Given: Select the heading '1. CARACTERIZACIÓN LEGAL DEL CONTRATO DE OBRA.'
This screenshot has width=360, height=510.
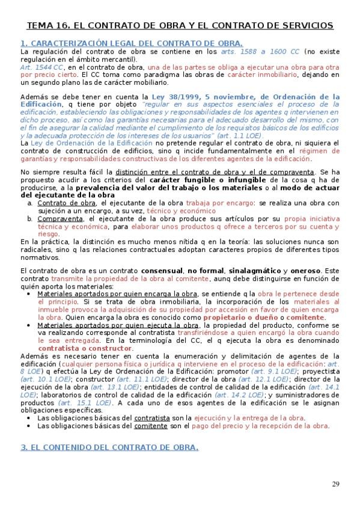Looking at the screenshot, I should coord(131,44).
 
